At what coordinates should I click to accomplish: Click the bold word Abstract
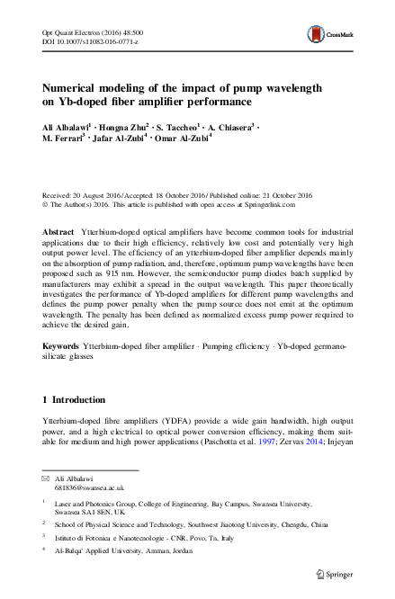(58, 232)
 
